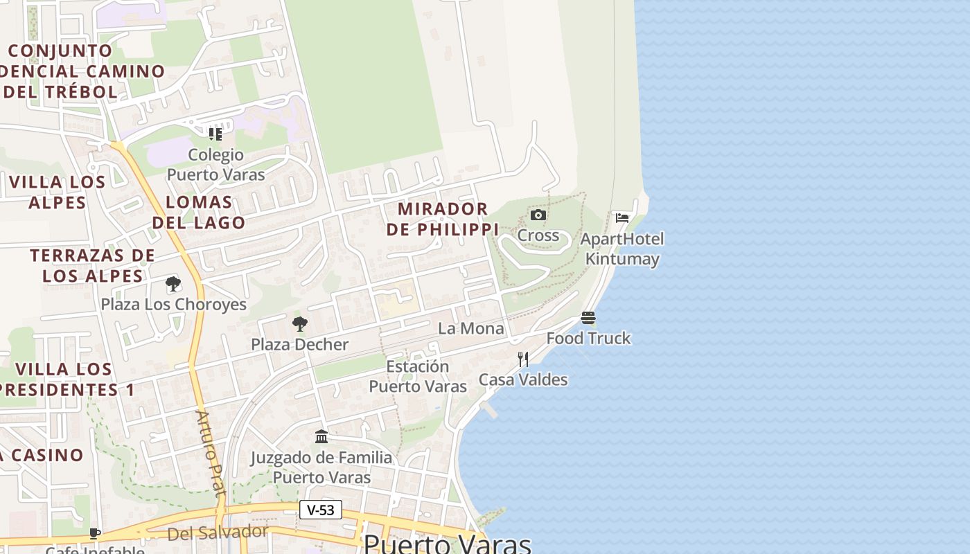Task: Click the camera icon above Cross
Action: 538,215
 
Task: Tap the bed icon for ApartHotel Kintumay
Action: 622,218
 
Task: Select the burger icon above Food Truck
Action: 588,318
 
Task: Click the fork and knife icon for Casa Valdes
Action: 523,359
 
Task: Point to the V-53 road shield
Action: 321,510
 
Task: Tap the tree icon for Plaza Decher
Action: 299,323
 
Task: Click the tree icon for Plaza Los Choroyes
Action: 173,283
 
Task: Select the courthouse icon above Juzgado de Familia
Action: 321,437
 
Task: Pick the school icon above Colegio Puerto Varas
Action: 215,134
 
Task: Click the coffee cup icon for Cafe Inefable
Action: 95,533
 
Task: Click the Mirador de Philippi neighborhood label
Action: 443,219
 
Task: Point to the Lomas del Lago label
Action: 199,213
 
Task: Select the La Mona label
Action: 471,328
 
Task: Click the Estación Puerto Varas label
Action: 418,376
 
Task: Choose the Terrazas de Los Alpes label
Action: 92,265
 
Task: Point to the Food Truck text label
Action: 588,339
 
